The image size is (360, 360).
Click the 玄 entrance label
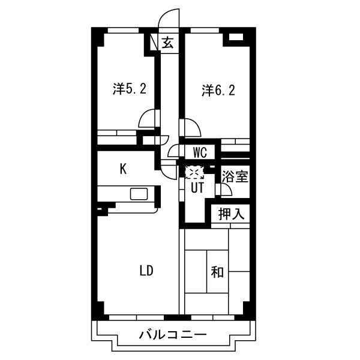pyautogui.click(x=167, y=43)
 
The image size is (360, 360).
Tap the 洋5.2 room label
pyautogui.click(x=130, y=89)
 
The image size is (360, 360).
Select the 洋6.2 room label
pyautogui.click(x=218, y=90)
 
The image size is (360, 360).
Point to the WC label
pyautogui.click(x=200, y=152)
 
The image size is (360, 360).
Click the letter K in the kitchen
pyautogui.click(x=123, y=169)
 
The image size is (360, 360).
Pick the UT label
pyautogui.click(x=197, y=188)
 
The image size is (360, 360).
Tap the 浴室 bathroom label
pyautogui.click(x=235, y=176)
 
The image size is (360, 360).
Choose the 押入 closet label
pyautogui.click(x=231, y=214)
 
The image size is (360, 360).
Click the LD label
pyautogui.click(x=146, y=271)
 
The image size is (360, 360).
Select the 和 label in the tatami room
pyautogui.click(x=217, y=272)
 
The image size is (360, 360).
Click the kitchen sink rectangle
pyautogui.click(x=139, y=194)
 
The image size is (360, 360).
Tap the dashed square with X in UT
pyautogui.click(x=194, y=172)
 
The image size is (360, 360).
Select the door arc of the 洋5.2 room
pyautogui.click(x=146, y=117)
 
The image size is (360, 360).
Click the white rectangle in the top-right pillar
pyautogui.click(x=236, y=37)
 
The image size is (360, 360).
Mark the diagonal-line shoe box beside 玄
pyautogui.click(x=154, y=43)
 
